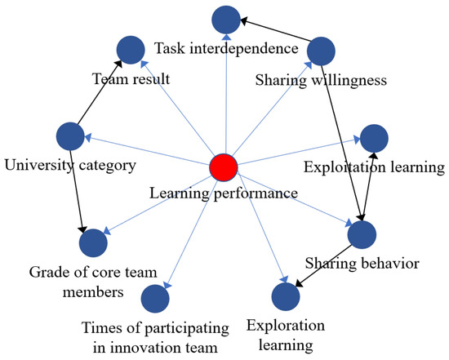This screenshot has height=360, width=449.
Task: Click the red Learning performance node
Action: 223,168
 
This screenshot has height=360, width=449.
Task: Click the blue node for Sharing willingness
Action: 320,51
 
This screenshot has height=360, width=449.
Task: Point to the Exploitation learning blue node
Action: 373,139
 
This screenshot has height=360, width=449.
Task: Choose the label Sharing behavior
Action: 362,264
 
